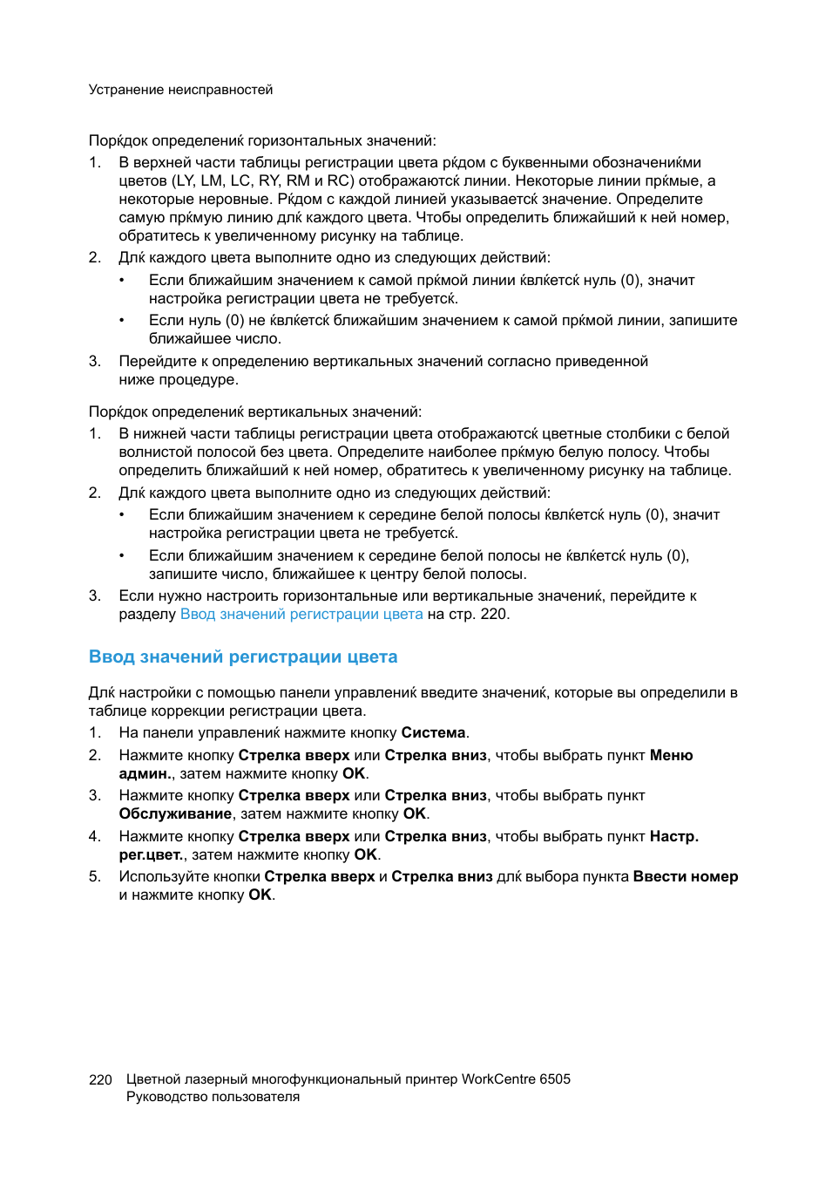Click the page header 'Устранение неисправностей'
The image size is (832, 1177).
[180, 90]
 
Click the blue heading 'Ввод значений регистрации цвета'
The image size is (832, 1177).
[243, 657]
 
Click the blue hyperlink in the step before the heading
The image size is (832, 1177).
[301, 615]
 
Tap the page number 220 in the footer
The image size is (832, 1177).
[100, 1079]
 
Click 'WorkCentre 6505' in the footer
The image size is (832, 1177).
[516, 1079]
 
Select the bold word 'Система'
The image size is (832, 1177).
[433, 733]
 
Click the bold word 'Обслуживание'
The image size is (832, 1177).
[175, 814]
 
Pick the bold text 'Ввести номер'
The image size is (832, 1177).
[686, 877]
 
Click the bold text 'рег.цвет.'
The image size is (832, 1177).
[151, 855]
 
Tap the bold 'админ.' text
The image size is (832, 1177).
[145, 774]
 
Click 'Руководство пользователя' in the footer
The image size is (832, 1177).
[213, 1097]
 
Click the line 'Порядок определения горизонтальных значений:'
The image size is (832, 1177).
[262, 141]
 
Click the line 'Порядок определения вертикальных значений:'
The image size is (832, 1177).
[255, 412]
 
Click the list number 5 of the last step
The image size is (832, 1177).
[94, 877]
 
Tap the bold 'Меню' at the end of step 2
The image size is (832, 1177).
[671, 756]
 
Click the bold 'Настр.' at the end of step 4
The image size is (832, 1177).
[674, 837]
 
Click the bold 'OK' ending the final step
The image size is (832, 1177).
[260, 895]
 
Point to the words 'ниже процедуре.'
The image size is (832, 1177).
[179, 380]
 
